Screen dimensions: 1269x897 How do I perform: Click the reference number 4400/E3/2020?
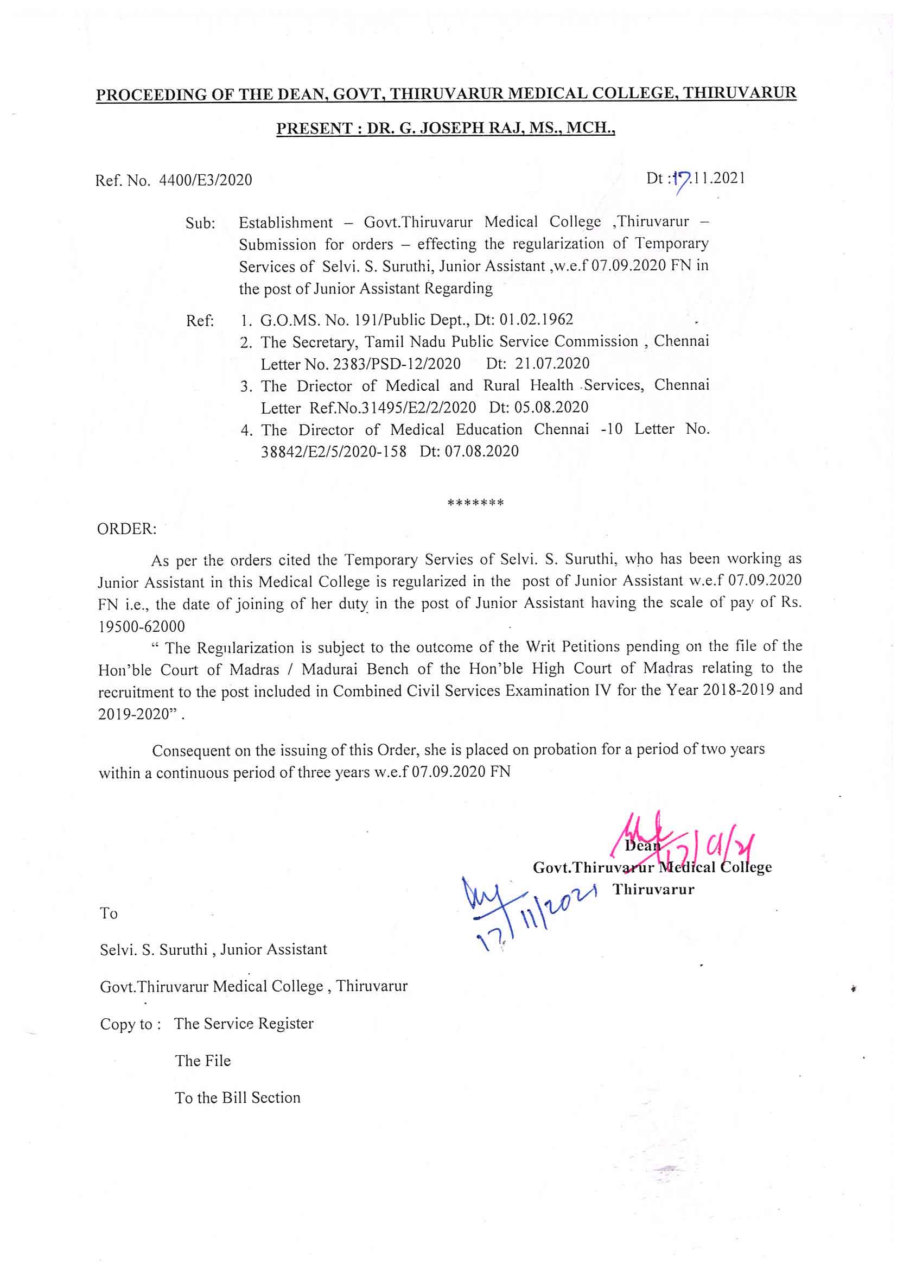coord(205,180)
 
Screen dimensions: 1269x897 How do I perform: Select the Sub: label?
coord(200,224)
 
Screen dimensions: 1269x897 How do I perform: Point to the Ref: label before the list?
coord(200,321)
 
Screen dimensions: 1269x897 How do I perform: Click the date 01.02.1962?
coord(536,320)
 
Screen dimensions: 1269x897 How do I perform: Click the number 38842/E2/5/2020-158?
coord(333,452)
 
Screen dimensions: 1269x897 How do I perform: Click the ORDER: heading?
coord(126,529)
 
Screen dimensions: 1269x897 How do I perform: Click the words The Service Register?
coord(244,1024)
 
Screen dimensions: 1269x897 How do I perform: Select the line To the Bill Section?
coord(238,1097)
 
